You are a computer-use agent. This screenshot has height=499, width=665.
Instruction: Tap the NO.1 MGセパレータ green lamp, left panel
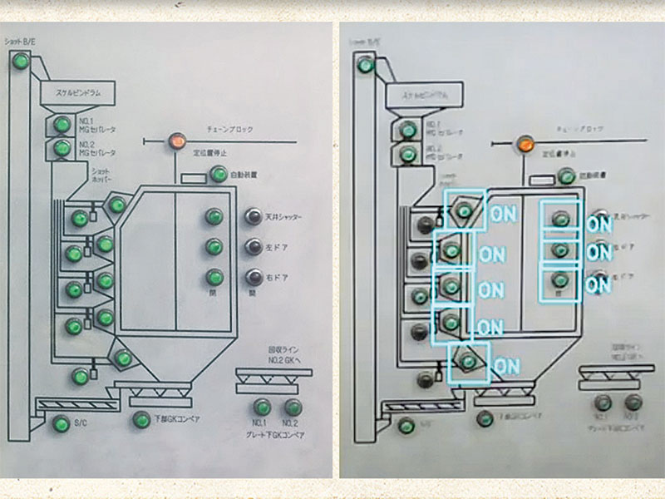[x=62, y=125]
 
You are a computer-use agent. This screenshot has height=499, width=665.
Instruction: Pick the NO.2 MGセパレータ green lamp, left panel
[x=62, y=148]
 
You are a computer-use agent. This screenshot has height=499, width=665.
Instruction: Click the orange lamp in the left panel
[x=177, y=141]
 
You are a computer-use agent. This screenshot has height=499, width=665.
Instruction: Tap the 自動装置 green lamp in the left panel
[x=219, y=175]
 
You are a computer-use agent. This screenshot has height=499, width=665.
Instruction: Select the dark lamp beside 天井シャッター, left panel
[x=254, y=217]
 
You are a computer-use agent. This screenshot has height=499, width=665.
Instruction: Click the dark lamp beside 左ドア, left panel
[x=254, y=247]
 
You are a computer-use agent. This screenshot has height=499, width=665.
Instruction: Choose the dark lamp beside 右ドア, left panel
[x=254, y=277]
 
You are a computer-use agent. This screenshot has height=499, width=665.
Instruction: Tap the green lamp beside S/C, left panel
[x=60, y=424]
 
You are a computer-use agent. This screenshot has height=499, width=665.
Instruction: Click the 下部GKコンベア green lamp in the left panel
[x=142, y=419]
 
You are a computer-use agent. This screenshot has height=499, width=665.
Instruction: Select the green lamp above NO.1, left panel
[x=263, y=408]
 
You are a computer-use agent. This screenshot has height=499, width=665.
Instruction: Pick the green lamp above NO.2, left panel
[x=292, y=408]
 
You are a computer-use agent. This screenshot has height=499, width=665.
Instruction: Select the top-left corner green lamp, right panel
[x=363, y=64]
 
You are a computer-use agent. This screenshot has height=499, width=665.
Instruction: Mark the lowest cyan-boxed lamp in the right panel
[x=469, y=361]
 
